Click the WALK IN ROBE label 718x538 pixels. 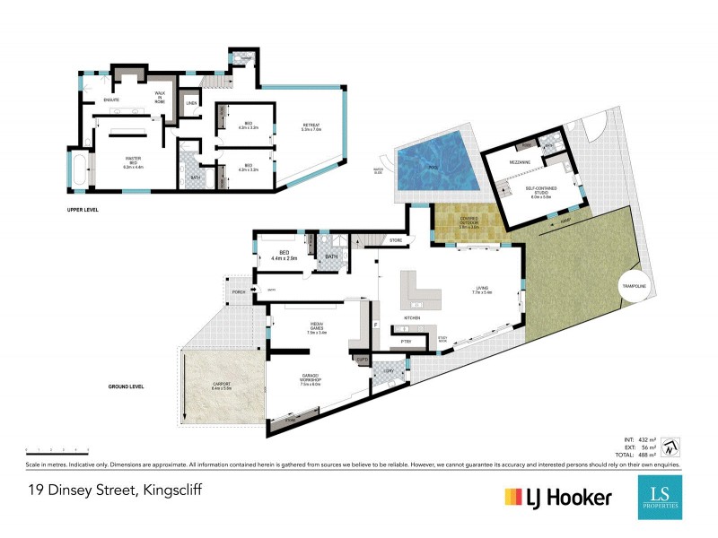161,96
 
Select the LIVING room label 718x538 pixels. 483,290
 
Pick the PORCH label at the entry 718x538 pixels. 239,291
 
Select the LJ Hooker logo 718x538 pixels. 558,497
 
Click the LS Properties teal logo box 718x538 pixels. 660,497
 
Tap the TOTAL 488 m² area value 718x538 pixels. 640,456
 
